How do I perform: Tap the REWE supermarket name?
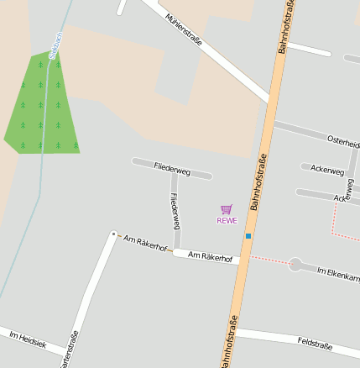(x=227, y=221)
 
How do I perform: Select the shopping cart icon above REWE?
(x=226, y=209)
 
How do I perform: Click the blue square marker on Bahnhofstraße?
(x=248, y=236)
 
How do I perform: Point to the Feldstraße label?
(x=315, y=343)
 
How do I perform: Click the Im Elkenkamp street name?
(x=338, y=273)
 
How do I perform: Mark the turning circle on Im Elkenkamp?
(x=295, y=265)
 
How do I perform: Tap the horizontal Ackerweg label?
(x=326, y=171)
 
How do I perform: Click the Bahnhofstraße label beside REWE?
(x=258, y=181)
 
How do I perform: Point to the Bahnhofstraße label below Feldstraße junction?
(x=229, y=343)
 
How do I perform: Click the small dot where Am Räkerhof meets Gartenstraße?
(x=113, y=234)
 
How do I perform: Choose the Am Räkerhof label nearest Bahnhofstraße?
(x=210, y=256)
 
